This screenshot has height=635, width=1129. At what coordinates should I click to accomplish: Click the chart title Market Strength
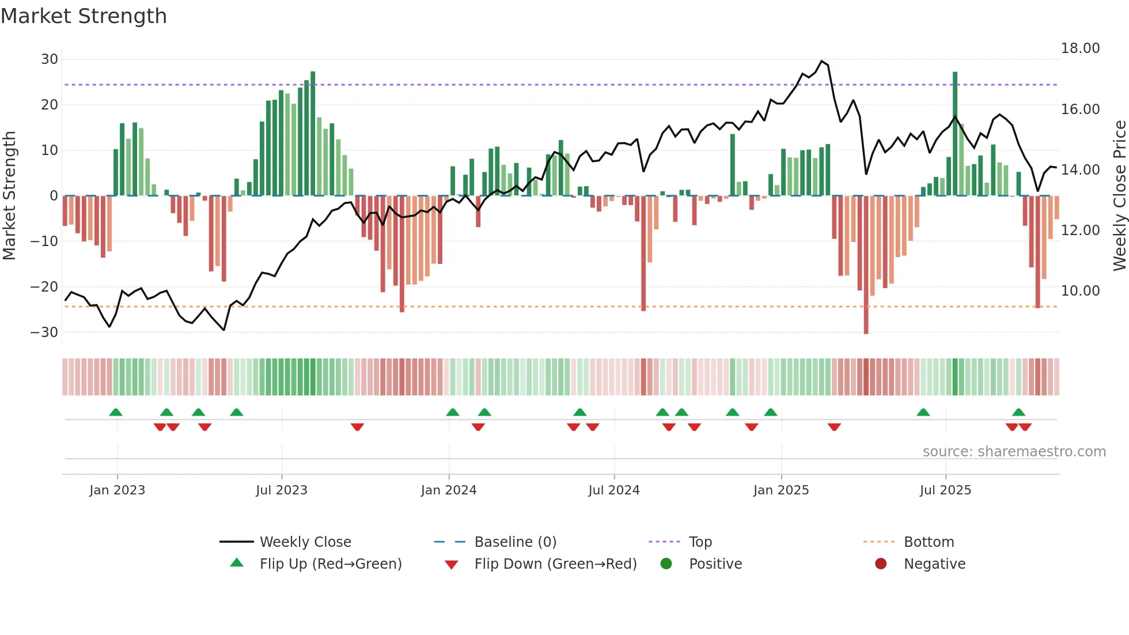click(x=84, y=16)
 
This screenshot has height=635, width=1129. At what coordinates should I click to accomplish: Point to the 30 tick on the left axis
click(x=50, y=59)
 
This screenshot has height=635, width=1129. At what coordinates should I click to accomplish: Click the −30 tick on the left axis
click(x=44, y=332)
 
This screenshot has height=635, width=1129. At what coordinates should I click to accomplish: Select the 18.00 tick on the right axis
click(x=1080, y=48)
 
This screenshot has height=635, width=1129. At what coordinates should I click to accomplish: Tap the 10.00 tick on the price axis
click(x=1080, y=291)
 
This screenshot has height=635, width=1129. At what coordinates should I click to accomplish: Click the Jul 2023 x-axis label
click(x=282, y=490)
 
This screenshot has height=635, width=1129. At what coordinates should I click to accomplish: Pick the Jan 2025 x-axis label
click(x=781, y=490)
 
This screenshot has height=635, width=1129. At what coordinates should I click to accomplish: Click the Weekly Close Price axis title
click(x=1119, y=196)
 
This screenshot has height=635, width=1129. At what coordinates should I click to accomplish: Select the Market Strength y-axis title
click(x=10, y=196)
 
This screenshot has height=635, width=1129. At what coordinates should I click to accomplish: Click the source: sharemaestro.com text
click(x=1014, y=452)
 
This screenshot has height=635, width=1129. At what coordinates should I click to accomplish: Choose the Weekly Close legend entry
click(x=305, y=542)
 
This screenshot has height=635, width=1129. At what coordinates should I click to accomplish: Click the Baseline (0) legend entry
click(x=515, y=542)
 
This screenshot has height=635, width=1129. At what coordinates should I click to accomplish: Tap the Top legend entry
click(x=700, y=542)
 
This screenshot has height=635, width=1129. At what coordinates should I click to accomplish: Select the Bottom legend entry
click(x=929, y=542)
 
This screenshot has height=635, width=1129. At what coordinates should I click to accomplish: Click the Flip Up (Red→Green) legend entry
click(x=330, y=564)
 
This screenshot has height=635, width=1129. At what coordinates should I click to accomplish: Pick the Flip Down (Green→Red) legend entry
click(x=555, y=564)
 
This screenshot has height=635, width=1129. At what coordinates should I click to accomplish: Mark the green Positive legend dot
click(x=666, y=564)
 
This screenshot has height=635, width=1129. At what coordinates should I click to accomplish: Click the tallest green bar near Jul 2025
click(x=955, y=133)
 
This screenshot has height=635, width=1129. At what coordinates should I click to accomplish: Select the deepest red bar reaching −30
click(x=866, y=265)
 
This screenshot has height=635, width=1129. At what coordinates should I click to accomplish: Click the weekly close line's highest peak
click(x=822, y=61)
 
